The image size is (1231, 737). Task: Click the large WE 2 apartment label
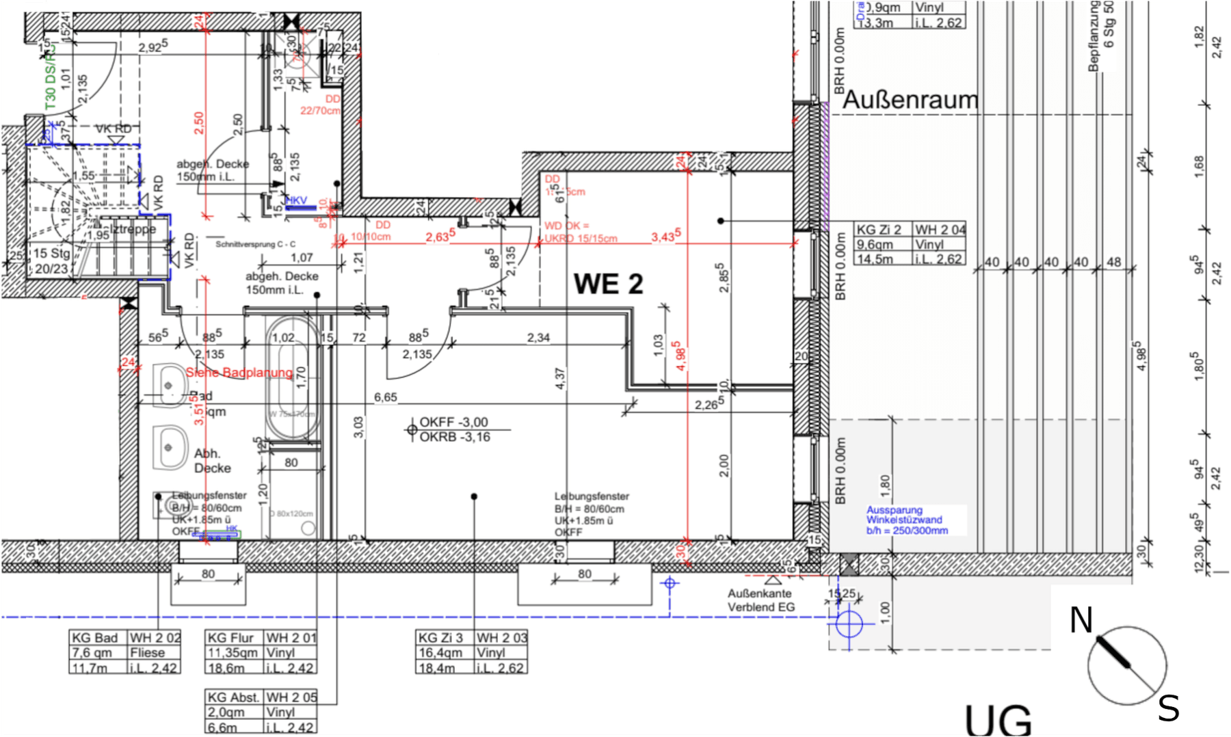coord(608,284)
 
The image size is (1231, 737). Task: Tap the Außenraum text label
coord(910,100)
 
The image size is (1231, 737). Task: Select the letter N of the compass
coord(1081,621)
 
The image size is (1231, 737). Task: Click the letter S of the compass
coord(1168,708)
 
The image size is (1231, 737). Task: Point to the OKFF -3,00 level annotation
coord(453,422)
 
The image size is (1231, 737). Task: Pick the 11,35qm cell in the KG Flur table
coord(233,653)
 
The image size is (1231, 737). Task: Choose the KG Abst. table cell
coord(234,697)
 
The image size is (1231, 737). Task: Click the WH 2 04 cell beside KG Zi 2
coord(940,230)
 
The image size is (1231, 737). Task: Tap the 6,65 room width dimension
coord(386,397)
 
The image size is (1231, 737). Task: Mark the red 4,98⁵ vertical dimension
coord(679,356)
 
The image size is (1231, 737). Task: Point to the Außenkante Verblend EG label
coord(760,600)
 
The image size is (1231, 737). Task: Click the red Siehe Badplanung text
coord(239,373)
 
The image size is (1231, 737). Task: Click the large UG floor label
coord(998,719)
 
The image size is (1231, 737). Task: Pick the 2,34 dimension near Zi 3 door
coord(538,338)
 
